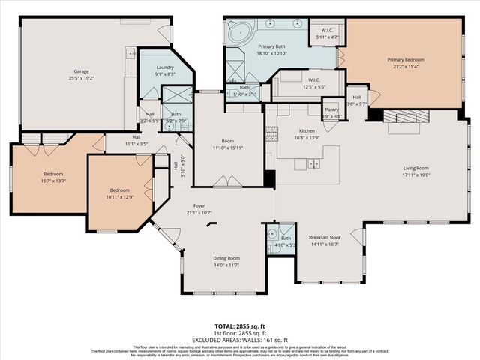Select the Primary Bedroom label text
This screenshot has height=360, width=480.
(x=405, y=59)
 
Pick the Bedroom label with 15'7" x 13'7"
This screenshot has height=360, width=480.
(x=53, y=175)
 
